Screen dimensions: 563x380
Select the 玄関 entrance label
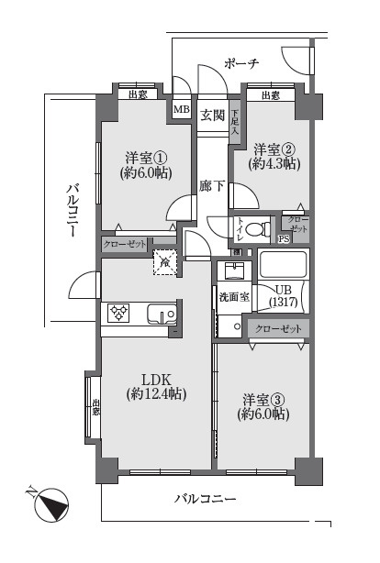click(212, 114)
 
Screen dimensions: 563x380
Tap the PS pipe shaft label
click(283, 240)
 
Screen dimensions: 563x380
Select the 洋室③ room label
click(264, 406)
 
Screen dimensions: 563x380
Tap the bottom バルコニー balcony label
click(207, 500)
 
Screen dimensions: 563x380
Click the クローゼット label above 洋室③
click(276, 328)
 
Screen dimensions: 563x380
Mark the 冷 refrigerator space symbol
click(164, 263)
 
